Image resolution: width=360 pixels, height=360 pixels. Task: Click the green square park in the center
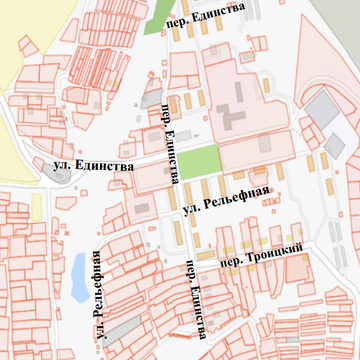coord(199,161)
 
